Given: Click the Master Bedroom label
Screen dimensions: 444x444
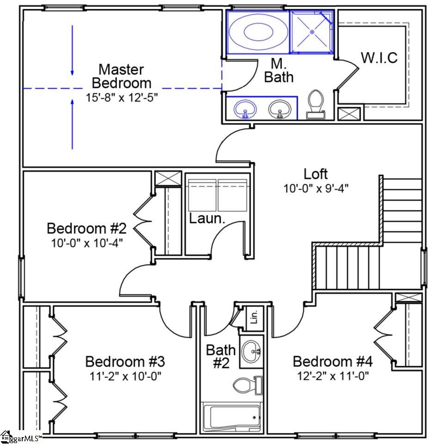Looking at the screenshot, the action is [122, 76].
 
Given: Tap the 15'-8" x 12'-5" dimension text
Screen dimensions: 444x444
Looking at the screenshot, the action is [122, 98].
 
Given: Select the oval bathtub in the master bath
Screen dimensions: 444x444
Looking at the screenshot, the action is [258, 32].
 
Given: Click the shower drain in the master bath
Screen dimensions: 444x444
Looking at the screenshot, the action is [312, 32].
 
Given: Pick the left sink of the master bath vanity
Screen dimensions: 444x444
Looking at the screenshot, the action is [245, 108].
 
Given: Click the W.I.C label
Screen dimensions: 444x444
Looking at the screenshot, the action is [379, 57].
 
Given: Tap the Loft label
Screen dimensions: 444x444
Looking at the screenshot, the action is [315, 173].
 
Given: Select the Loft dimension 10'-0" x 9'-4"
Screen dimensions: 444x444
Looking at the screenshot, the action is [316, 188].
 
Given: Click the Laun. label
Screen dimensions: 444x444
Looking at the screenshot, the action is [207, 218].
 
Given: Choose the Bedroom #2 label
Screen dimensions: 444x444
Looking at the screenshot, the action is [86, 228].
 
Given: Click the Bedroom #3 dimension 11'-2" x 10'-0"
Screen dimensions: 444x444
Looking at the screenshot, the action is [125, 376].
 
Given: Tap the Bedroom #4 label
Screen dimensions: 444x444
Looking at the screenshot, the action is [333, 361].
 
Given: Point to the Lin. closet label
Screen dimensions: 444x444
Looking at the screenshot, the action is [254, 317].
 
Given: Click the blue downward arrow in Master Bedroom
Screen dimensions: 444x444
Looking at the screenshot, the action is [72, 50].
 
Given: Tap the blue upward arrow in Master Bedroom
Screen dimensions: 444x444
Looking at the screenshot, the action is [72, 124].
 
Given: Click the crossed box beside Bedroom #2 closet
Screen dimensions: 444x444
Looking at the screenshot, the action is [168, 179].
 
